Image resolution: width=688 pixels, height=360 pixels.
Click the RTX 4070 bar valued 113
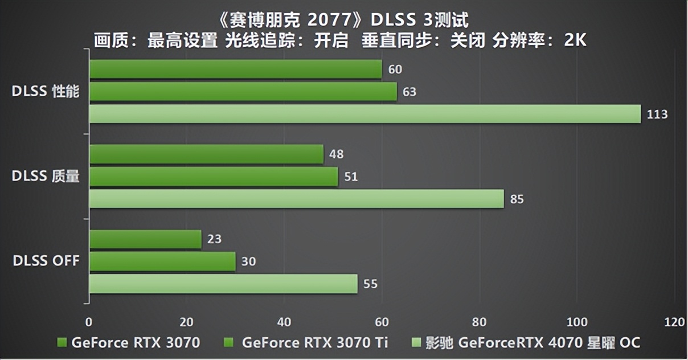click(x=365, y=114)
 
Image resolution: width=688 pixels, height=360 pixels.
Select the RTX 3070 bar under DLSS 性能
click(x=235, y=69)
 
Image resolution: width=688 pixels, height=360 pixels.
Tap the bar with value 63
click(x=243, y=92)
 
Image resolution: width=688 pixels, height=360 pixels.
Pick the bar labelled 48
click(x=206, y=154)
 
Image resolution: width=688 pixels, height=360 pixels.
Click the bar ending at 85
click(x=296, y=199)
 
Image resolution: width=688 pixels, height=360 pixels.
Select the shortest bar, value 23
click(x=145, y=239)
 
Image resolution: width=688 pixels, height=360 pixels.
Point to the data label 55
click(x=370, y=284)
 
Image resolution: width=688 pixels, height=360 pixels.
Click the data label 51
click(x=351, y=177)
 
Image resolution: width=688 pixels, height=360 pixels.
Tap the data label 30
click(x=248, y=261)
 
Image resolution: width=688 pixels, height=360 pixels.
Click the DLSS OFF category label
click(x=46, y=261)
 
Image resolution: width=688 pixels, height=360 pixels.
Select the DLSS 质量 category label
click(x=46, y=177)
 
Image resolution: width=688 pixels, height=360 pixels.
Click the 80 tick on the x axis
click(x=480, y=322)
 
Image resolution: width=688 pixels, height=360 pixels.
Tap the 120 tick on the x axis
click(x=675, y=322)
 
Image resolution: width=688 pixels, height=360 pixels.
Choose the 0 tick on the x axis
click(x=89, y=322)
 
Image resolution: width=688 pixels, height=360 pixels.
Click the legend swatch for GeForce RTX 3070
click(x=63, y=342)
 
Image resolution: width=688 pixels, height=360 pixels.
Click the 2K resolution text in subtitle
click(x=575, y=41)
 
